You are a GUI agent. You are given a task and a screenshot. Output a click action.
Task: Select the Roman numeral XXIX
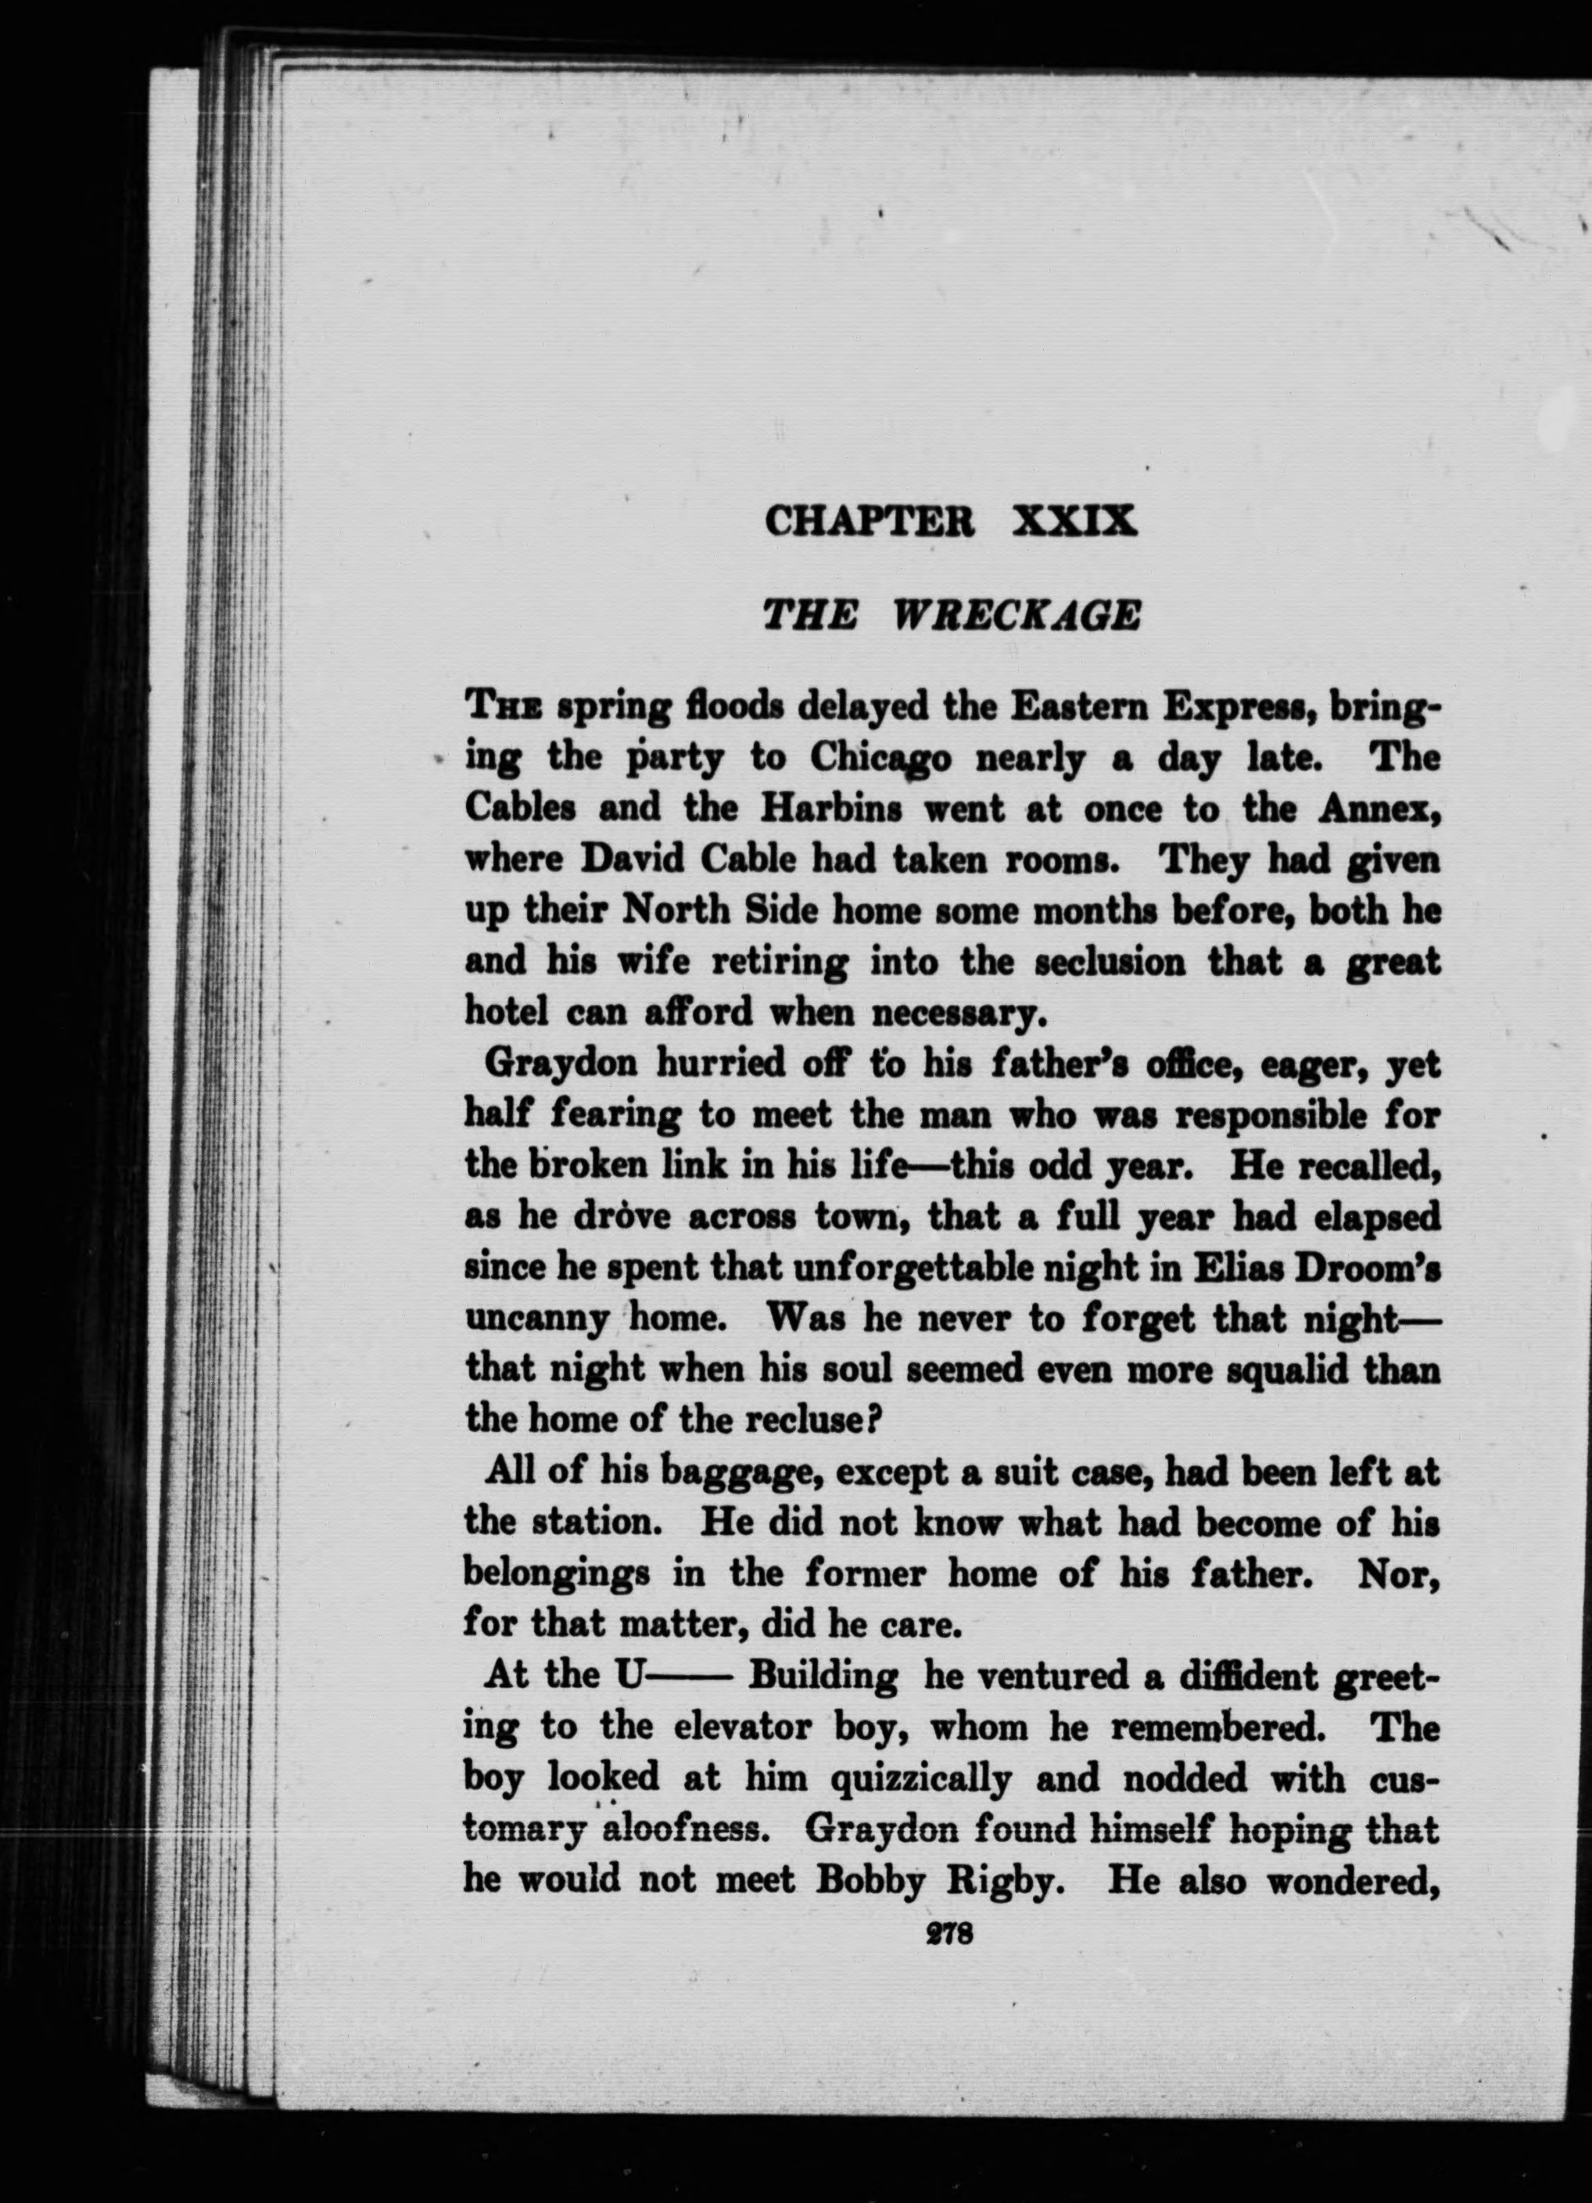[1074, 522]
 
